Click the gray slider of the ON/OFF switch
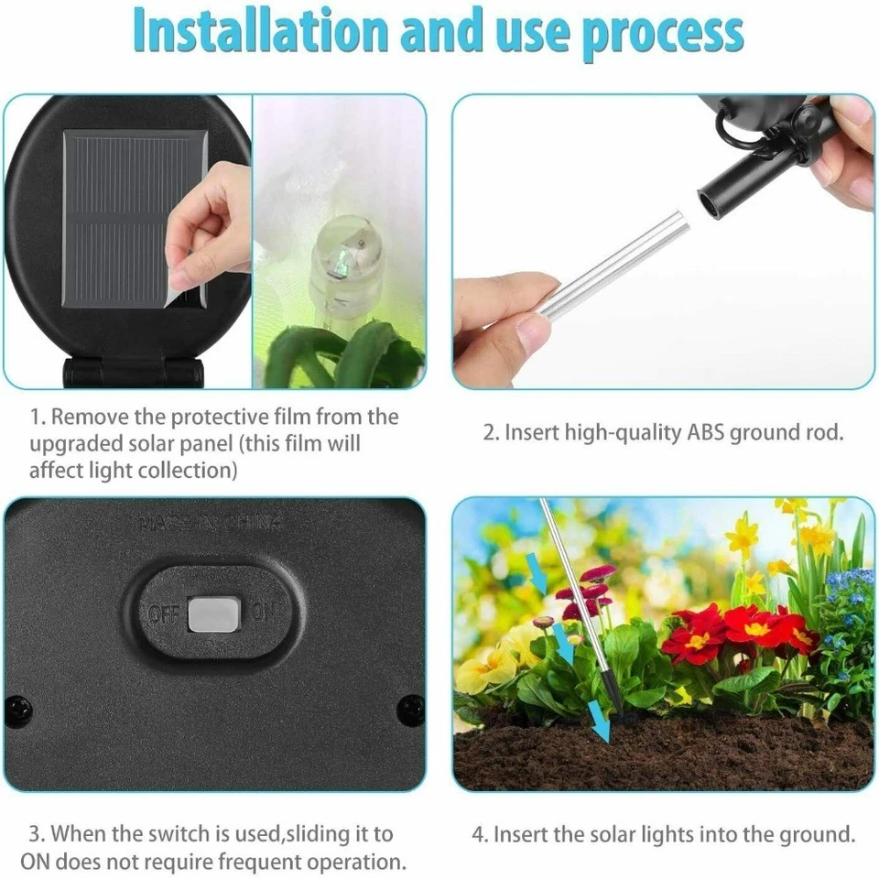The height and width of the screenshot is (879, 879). coord(213,614)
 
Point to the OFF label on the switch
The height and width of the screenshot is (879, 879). coord(164,613)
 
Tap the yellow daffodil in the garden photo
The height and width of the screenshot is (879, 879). coord(742,537)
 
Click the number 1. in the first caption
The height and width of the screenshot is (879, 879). coord(38,418)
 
